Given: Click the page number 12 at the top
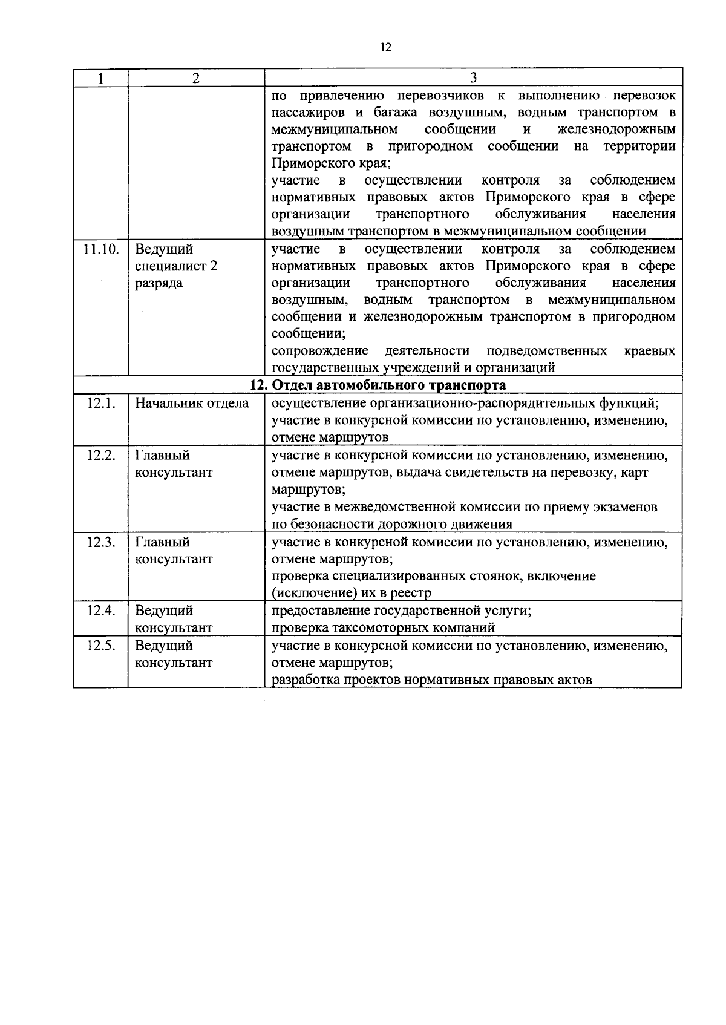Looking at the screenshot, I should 386,48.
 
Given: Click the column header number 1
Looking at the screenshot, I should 100,78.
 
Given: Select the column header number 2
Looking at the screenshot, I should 196,78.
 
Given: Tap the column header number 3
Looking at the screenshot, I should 473,78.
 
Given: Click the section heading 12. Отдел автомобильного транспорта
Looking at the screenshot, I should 378,385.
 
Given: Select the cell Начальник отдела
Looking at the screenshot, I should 192,404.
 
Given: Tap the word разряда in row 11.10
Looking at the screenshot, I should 159,283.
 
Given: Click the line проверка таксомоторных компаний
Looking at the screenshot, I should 383,628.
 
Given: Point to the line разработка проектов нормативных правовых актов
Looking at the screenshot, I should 431,680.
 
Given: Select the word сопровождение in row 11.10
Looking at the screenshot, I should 319,351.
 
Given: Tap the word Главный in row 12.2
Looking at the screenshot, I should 162,456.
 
